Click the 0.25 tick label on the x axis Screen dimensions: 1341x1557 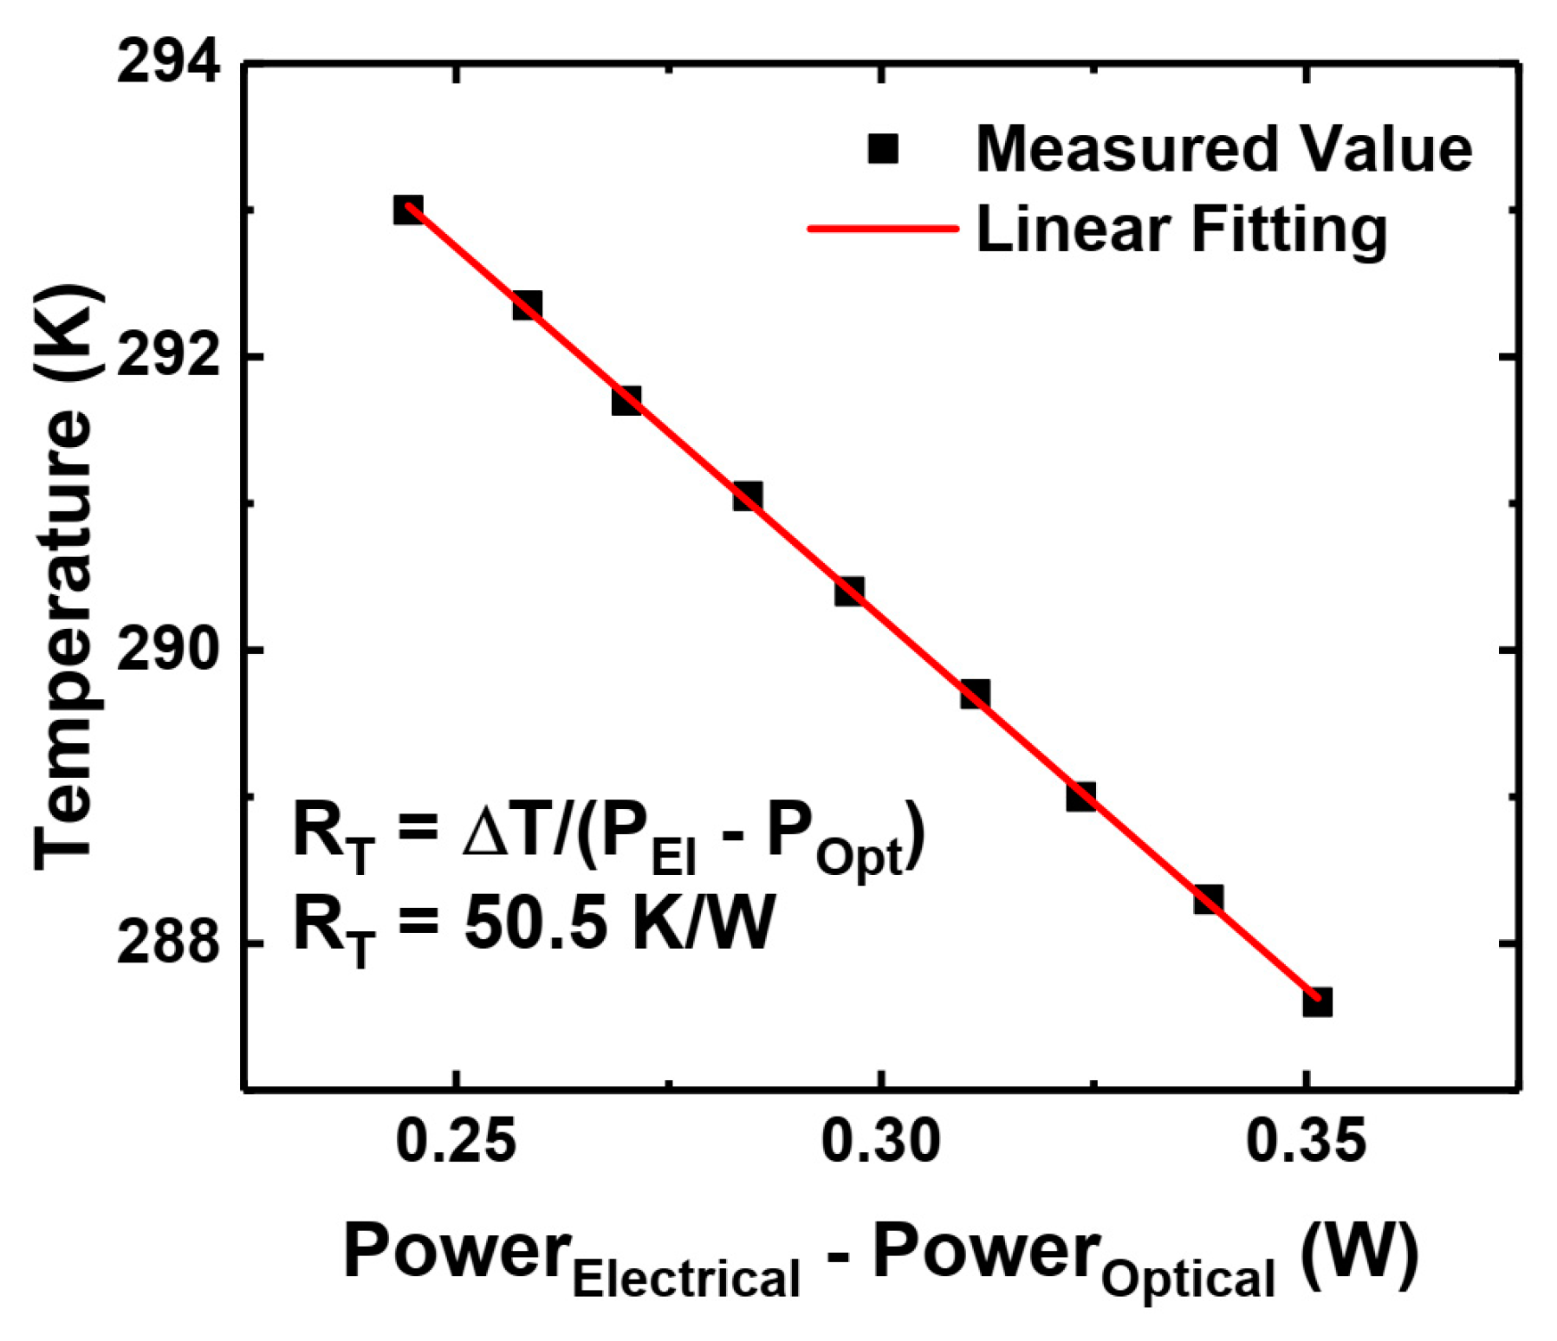pyautogui.click(x=456, y=1142)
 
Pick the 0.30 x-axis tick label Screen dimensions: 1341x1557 pyautogui.click(x=880, y=1142)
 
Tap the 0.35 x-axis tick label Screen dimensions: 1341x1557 pyautogui.click(x=1306, y=1142)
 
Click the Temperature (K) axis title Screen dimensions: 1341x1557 pyautogui.click(x=65, y=576)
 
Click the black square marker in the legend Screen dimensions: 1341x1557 pyautogui.click(x=882, y=149)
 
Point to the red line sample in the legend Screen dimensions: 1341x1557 pyautogui.click(x=882, y=229)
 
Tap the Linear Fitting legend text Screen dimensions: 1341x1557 pyautogui.click(x=1181, y=229)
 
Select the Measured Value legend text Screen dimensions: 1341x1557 pyautogui.click(x=1223, y=149)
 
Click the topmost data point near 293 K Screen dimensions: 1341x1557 pyautogui.click(x=408, y=210)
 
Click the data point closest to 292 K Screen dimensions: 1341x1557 pyautogui.click(x=527, y=305)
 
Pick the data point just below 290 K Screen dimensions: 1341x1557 pyautogui.click(x=975, y=694)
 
